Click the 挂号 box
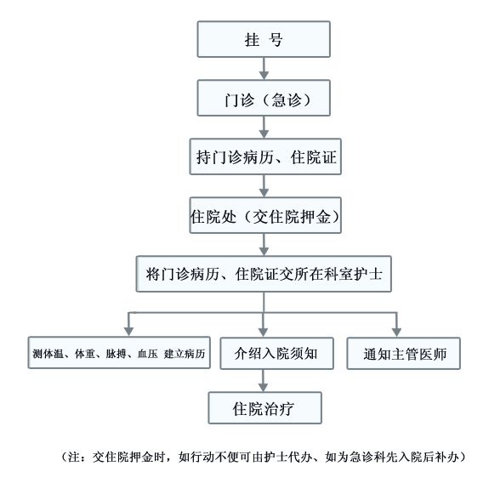click(264, 39)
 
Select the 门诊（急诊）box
click(264, 98)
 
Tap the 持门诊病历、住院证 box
click(265, 156)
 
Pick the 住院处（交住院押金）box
click(265, 215)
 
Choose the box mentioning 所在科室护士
click(264, 274)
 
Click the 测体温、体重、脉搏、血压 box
click(119, 353)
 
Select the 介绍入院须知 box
click(276, 353)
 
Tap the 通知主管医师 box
click(404, 353)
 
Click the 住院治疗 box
click(264, 408)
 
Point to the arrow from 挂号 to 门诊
click(264, 69)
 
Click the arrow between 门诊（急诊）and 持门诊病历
click(264, 128)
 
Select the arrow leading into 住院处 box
click(264, 186)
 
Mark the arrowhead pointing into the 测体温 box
click(128, 331)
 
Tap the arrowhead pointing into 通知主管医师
click(396, 332)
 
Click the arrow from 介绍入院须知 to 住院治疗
click(264, 380)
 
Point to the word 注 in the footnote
click(74, 458)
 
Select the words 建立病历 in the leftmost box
click(185, 354)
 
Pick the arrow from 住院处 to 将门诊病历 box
click(264, 245)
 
